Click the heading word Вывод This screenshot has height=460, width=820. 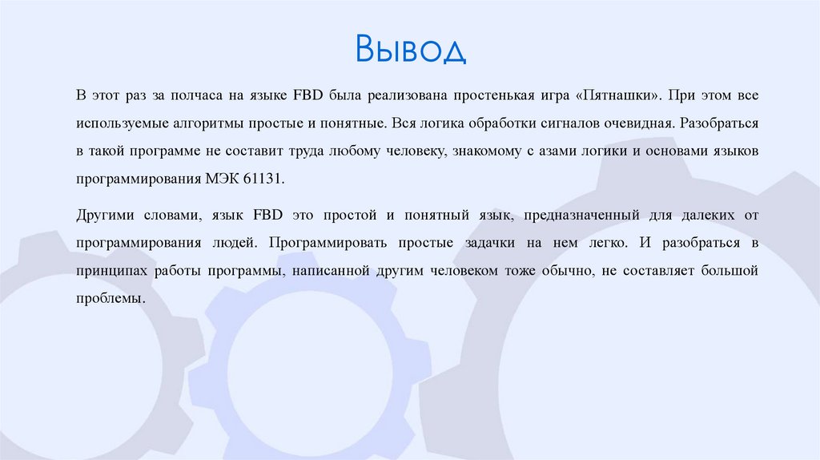point(410,50)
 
